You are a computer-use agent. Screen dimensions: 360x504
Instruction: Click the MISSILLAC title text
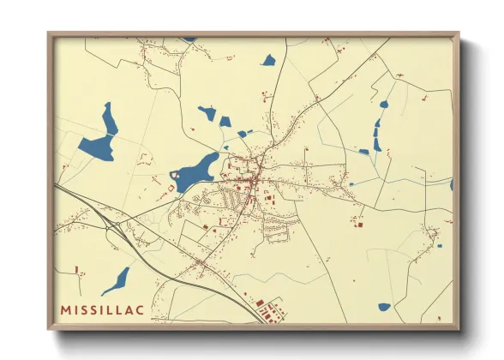click(101, 309)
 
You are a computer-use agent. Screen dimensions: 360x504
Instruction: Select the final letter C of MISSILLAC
click(140, 309)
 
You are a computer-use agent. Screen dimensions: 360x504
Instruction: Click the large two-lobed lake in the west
click(101, 135)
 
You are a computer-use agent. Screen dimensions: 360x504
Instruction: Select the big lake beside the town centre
click(198, 168)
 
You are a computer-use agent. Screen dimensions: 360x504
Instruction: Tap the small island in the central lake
click(176, 175)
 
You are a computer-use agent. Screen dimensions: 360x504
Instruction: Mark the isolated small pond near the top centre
click(268, 61)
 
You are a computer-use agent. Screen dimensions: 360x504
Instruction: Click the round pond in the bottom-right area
click(384, 306)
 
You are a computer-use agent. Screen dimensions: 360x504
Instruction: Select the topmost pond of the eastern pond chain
click(383, 105)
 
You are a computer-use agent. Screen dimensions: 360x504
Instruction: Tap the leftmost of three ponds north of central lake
click(207, 111)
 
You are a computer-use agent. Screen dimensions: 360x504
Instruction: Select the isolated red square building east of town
click(359, 225)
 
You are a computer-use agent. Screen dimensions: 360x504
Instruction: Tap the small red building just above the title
click(76, 270)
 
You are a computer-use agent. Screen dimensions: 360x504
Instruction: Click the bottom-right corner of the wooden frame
click(458, 328)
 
